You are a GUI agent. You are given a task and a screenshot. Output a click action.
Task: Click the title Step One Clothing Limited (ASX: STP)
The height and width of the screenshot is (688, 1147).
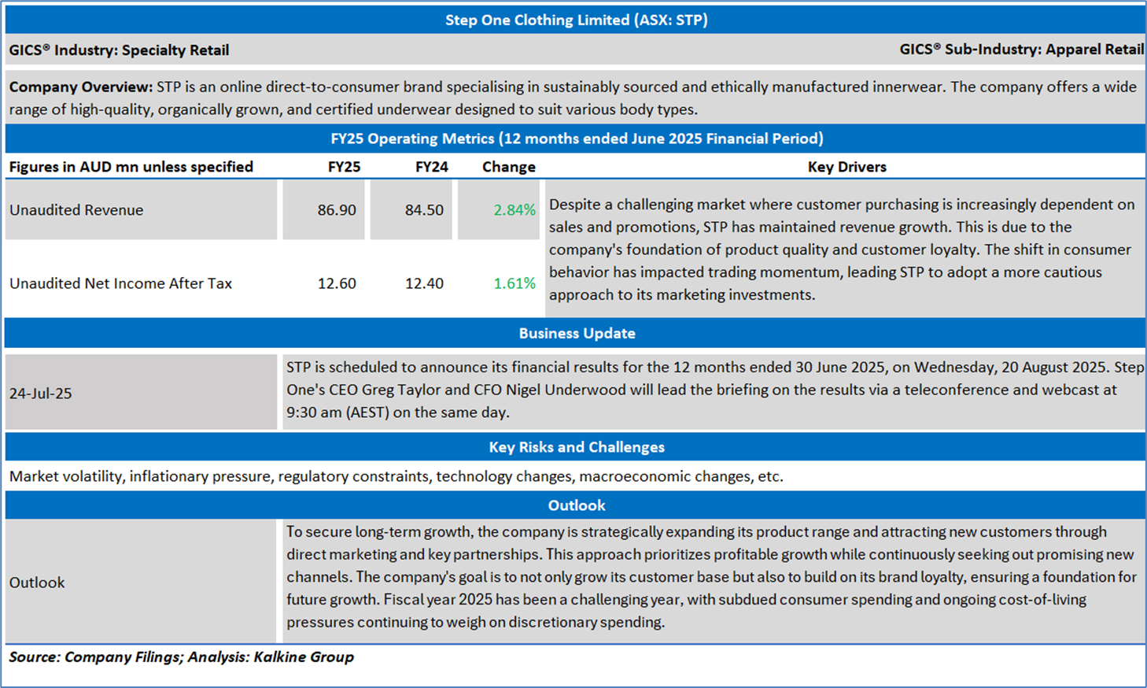pos(576,20)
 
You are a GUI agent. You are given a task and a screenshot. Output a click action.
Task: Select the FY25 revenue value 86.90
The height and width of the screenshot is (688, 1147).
pos(337,210)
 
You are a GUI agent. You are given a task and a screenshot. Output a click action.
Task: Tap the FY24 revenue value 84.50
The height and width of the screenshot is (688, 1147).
pos(424,210)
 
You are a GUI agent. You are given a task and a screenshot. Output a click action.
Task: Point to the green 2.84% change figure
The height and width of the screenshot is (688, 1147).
pos(514,210)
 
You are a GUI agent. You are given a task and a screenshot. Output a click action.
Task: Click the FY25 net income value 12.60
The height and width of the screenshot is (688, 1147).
pos(337,283)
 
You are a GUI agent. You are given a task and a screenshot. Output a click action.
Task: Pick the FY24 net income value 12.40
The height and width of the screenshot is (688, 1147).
pos(424,283)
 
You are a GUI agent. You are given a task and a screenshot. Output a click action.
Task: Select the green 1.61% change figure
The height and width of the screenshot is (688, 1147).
pos(514,283)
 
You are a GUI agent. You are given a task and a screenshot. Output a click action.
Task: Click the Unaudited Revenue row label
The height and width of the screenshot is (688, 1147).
pos(76,210)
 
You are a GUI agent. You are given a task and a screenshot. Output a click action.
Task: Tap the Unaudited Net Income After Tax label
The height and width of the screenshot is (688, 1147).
pos(120,283)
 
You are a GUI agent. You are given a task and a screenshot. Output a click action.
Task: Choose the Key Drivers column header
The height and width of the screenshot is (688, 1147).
pos(846,167)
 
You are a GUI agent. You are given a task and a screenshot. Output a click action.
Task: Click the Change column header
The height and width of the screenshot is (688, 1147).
pos(508,167)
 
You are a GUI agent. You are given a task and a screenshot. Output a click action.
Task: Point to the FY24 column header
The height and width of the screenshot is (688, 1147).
pos(431,167)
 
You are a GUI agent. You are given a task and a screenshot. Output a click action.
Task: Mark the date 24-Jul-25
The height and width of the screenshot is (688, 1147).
pos(41,394)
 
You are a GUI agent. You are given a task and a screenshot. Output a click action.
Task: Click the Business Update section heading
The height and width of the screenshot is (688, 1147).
pos(577,333)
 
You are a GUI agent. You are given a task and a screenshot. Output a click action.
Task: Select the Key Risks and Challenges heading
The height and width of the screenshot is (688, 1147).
pos(577,447)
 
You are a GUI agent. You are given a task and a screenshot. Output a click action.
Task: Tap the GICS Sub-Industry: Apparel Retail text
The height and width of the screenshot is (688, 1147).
pos(1021,50)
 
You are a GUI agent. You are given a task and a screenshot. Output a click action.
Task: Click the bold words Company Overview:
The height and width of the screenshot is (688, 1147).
pos(80,87)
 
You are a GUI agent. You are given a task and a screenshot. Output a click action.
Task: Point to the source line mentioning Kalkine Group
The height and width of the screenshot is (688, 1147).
pos(181,657)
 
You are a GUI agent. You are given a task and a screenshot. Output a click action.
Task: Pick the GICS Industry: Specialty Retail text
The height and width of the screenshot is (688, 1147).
pos(119,50)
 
